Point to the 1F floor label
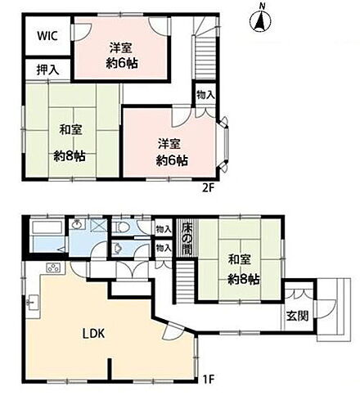pos(211,378)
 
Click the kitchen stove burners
pos(51,269)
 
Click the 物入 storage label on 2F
pos(205,96)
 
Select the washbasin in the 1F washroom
pos(79,225)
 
